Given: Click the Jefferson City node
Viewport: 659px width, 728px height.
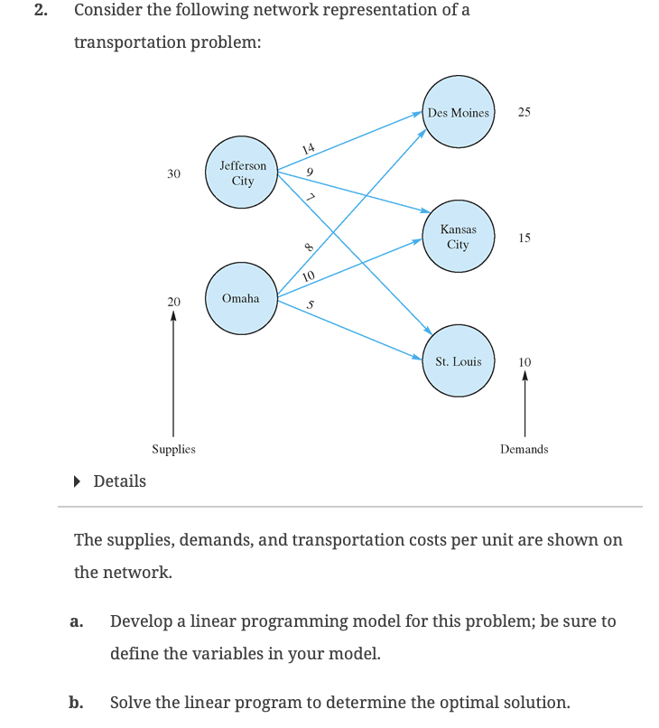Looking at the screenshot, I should [x=242, y=173].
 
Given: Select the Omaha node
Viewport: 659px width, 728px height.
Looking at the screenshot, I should [x=241, y=298].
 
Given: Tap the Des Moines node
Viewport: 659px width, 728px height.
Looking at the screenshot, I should [x=458, y=113].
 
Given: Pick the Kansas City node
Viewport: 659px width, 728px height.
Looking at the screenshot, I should [x=458, y=238].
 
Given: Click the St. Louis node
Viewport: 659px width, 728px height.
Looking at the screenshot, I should [x=458, y=361].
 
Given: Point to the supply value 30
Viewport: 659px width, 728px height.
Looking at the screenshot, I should [x=173, y=173].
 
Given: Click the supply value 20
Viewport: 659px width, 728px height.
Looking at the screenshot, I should [x=173, y=300].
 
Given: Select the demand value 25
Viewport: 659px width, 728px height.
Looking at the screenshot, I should [x=524, y=113].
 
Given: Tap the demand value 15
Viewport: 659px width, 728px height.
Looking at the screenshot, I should [x=524, y=238].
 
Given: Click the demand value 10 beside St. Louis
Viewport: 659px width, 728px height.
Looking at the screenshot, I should [x=524, y=362].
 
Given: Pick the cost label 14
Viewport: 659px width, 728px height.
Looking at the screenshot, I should [x=309, y=148].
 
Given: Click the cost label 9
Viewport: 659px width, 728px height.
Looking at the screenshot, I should [x=310, y=172].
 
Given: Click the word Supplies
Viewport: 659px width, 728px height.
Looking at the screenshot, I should [x=173, y=449].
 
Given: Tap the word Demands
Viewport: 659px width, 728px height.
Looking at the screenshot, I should [x=524, y=449].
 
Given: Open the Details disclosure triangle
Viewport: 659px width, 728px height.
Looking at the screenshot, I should [x=80, y=481].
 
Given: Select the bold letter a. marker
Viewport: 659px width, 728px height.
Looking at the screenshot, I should [x=77, y=621].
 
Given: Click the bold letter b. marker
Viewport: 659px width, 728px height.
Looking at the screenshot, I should [x=77, y=703].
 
